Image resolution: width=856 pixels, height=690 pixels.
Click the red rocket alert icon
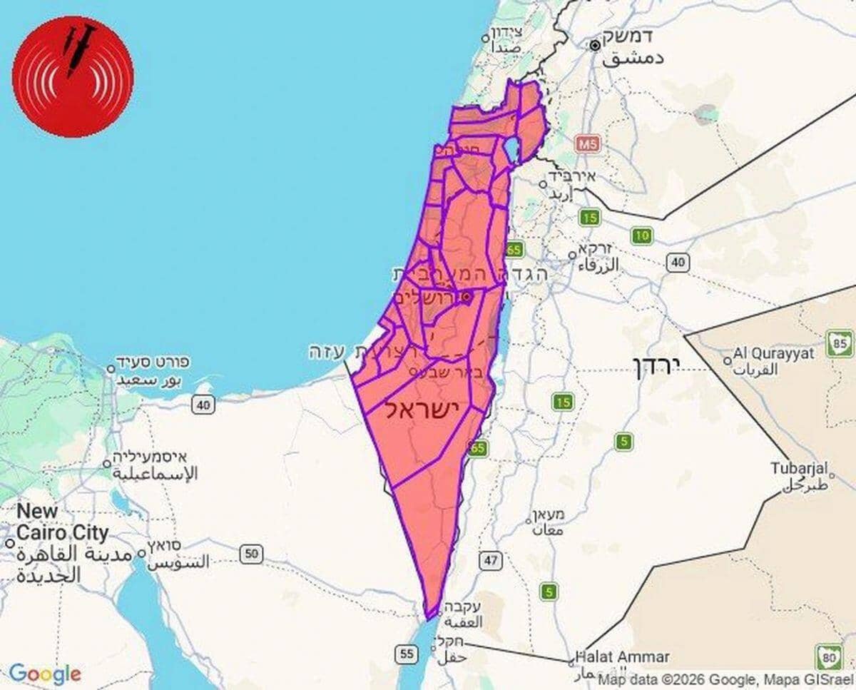click(73, 76)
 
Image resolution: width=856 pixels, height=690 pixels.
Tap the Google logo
click(45, 674)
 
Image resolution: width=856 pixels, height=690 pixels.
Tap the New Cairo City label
click(62, 522)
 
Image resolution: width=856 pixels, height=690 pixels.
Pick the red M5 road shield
click(588, 143)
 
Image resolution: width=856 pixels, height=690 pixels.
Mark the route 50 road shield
click(251, 553)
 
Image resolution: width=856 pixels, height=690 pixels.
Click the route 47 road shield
click(491, 560)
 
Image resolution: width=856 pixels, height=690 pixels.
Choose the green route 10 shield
click(642, 235)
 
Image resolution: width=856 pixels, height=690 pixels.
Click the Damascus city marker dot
click(595, 46)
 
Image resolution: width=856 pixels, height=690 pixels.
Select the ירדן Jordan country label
click(657, 366)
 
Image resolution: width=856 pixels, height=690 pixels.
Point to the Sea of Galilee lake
click(512, 149)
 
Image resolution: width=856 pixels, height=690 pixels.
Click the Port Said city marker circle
click(111, 369)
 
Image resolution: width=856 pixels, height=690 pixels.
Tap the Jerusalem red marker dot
click(466, 297)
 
